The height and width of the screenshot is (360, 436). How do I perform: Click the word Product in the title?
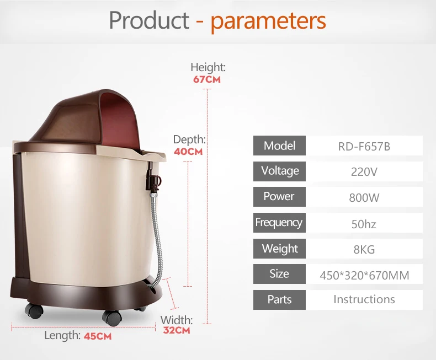[149, 20]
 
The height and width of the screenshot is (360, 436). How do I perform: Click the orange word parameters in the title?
[268, 22]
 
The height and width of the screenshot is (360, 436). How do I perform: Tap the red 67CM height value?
[207, 79]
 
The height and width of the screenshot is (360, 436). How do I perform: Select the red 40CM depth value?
[188, 152]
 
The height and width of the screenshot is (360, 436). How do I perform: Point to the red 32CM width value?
[177, 330]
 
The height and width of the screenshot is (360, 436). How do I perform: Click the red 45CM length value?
[98, 336]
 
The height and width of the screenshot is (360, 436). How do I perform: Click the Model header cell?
[279, 146]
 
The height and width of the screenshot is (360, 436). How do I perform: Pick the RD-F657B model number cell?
[364, 146]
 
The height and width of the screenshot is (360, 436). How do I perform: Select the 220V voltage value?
[364, 171]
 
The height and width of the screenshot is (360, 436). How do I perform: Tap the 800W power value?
[364, 197]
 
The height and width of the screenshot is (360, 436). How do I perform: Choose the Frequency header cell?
[279, 223]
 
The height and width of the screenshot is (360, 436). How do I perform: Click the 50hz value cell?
[364, 223]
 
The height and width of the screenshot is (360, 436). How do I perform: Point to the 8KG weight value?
[364, 249]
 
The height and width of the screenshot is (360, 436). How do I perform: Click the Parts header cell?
[279, 300]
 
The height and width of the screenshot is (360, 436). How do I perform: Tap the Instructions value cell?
[364, 300]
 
